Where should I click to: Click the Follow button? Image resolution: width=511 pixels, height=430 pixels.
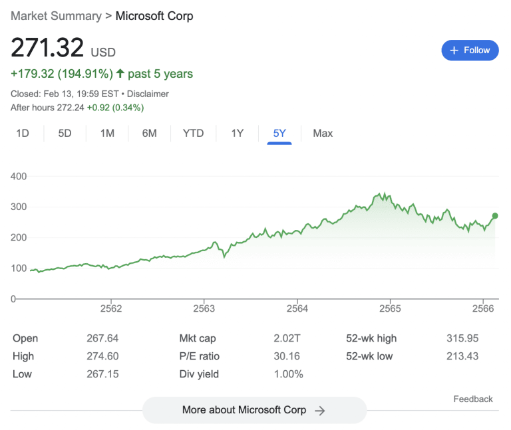click(470, 51)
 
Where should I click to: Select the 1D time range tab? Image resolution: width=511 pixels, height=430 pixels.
click(23, 134)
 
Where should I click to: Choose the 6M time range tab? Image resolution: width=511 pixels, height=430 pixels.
click(149, 134)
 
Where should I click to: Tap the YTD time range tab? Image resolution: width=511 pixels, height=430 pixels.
click(193, 134)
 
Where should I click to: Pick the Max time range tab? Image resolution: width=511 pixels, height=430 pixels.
click(323, 134)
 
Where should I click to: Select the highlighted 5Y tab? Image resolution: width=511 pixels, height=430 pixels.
click(279, 134)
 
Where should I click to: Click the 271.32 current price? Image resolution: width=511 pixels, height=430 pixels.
click(47, 48)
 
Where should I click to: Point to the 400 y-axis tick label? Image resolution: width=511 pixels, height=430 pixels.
click(19, 177)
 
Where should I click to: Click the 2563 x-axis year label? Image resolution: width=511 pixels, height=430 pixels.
click(204, 308)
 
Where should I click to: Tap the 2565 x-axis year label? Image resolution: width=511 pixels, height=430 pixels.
click(390, 308)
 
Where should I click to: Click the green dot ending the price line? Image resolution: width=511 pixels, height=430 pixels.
click(495, 216)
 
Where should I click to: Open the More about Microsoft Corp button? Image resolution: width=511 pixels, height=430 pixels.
click(254, 410)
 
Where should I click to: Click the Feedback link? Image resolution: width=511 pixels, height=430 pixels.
click(473, 399)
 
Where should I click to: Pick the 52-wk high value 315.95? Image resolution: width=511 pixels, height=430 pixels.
click(462, 338)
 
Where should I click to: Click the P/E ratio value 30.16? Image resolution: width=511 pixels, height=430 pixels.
click(287, 356)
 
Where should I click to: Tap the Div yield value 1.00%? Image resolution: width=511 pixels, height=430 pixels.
click(288, 374)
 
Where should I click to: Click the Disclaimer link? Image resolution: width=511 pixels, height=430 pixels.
click(148, 94)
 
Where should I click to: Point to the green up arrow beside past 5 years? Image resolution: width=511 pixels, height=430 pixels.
click(120, 73)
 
